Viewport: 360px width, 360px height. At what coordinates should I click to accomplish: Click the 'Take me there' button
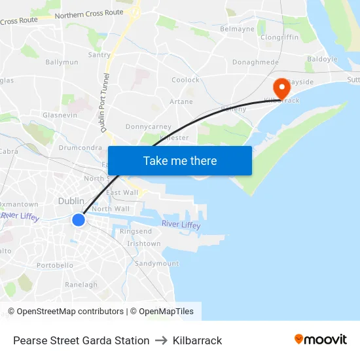(x=180, y=160)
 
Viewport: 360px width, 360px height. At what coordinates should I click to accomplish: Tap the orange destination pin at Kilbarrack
(x=282, y=88)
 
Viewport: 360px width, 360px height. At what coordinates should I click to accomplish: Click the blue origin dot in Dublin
(x=78, y=220)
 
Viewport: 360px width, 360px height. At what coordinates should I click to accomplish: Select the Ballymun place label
(x=62, y=62)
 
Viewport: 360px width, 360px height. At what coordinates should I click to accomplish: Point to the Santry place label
(x=99, y=55)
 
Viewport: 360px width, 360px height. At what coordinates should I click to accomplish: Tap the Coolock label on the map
(x=185, y=80)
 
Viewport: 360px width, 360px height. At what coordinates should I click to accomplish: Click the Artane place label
(x=181, y=101)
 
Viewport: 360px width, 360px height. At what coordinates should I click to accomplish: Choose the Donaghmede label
(x=255, y=62)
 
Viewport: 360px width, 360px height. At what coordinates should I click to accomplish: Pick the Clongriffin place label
(x=279, y=37)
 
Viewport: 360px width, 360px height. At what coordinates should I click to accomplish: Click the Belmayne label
(x=237, y=29)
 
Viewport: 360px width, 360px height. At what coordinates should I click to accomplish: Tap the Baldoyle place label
(x=322, y=59)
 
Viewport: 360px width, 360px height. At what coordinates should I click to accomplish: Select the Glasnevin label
(x=60, y=115)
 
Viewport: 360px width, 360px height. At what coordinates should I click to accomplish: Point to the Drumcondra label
(x=80, y=147)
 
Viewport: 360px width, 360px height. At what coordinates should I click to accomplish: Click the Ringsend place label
(x=135, y=231)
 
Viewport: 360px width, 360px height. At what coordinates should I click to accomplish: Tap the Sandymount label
(x=156, y=263)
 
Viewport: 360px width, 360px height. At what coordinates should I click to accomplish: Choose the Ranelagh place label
(x=81, y=285)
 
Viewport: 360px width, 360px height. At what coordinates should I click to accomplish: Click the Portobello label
(x=55, y=265)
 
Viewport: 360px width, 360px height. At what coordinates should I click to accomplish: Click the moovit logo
(x=321, y=339)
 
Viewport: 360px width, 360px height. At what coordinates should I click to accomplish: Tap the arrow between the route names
(x=161, y=340)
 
